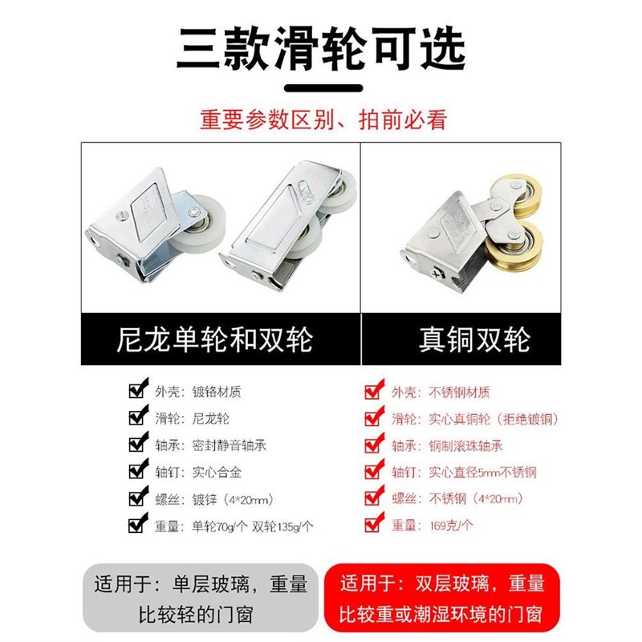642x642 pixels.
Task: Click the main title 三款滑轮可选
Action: click(x=321, y=48)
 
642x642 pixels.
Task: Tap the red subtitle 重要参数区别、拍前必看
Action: click(x=321, y=120)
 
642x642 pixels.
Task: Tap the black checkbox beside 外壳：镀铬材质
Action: click(x=137, y=392)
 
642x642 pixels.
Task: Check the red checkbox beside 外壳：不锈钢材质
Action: click(x=372, y=392)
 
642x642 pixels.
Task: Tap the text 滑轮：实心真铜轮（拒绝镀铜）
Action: click(x=473, y=419)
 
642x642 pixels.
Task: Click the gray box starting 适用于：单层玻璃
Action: click(x=201, y=599)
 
